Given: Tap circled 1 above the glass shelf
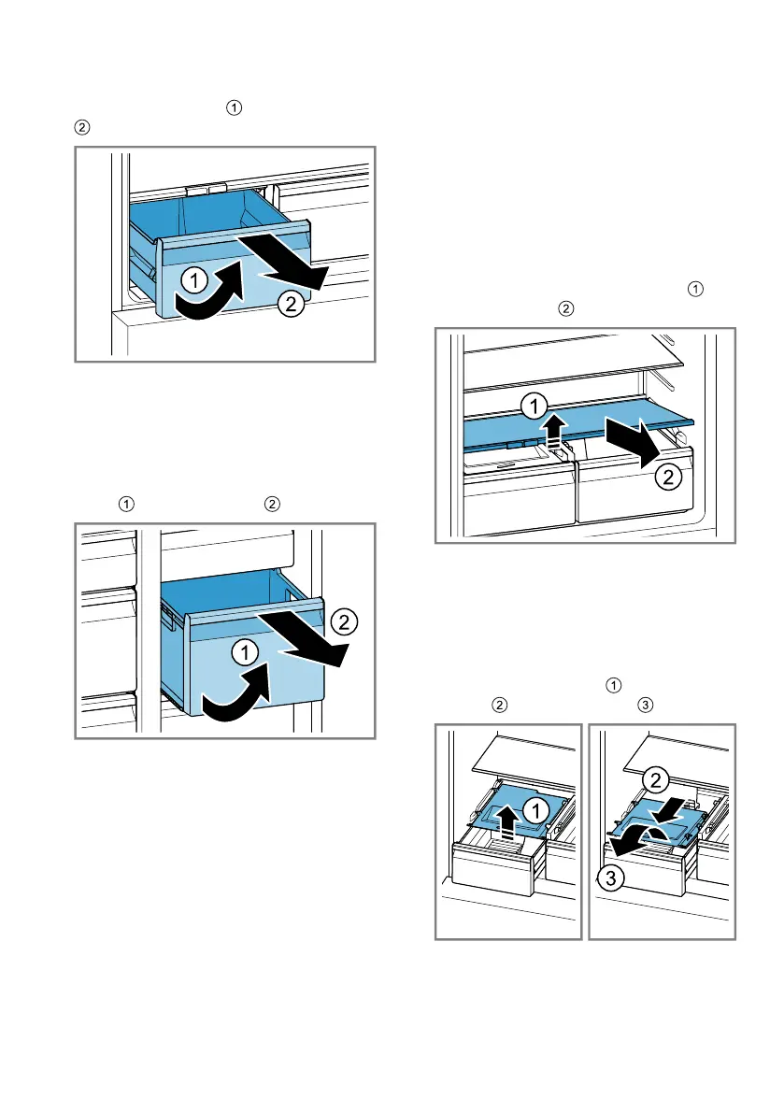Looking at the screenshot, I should pos(534,406).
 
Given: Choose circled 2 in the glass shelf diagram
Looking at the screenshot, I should pos(667,478).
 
